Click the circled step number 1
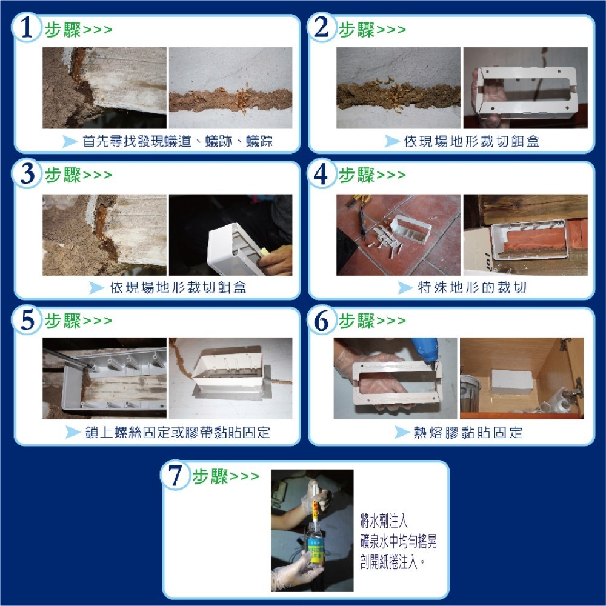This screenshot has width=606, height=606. tap(26, 28)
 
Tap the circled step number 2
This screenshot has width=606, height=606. tap(321, 28)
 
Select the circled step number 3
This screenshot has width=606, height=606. tap(26, 174)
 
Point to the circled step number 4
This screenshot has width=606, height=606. tap(321, 174)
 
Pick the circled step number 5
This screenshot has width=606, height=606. tap(26, 319)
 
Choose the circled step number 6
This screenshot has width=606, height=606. tap(321, 319)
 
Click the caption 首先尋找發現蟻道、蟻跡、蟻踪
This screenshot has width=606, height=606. tap(178, 142)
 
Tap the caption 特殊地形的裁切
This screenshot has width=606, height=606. tap(472, 287)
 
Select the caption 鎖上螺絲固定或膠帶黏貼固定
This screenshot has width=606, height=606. tap(178, 433)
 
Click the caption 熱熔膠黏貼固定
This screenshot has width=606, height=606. tap(467, 433)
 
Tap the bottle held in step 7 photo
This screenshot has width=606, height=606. tap(315, 545)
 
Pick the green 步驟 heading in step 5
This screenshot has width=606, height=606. tap(63, 321)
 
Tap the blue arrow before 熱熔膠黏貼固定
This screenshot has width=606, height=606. tap(402, 433)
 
